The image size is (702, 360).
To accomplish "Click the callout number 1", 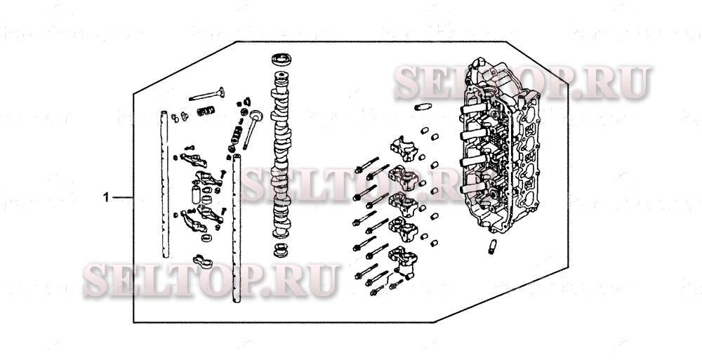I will point(107,197).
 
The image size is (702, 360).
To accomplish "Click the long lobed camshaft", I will point(282,154).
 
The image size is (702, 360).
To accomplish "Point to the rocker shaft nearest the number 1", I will point(164,182).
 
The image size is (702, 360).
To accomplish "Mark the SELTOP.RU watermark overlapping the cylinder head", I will point(521,81).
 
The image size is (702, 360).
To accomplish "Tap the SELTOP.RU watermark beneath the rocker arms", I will point(211,279).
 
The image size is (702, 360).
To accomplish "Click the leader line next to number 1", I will point(122,197).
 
